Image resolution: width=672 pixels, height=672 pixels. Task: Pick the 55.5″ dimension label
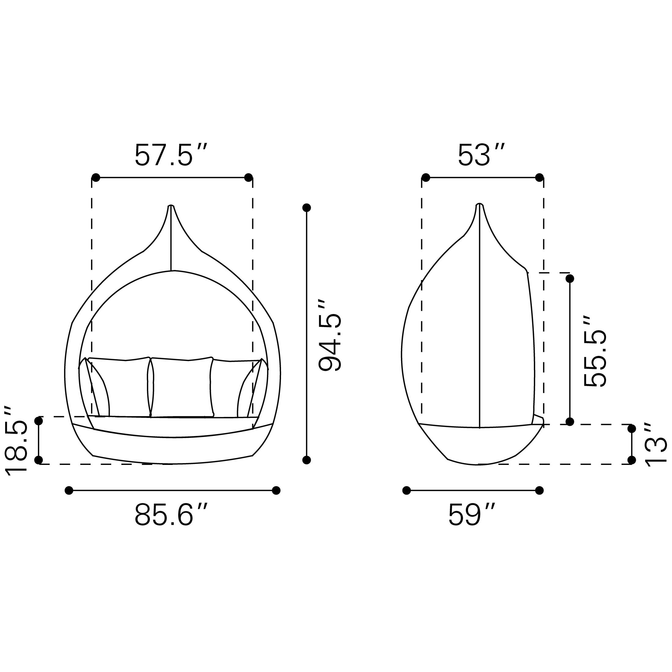[x=595, y=351]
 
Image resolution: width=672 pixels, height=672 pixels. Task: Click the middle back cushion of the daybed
[x=181, y=386]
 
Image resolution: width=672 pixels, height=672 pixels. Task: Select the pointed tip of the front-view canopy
[x=171, y=206]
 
